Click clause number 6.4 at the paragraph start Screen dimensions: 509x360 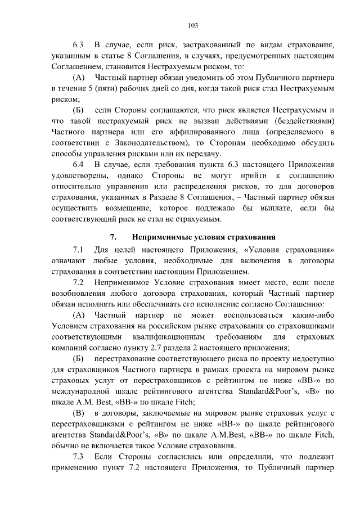tap(78, 165)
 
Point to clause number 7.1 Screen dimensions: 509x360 tap(78, 250)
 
